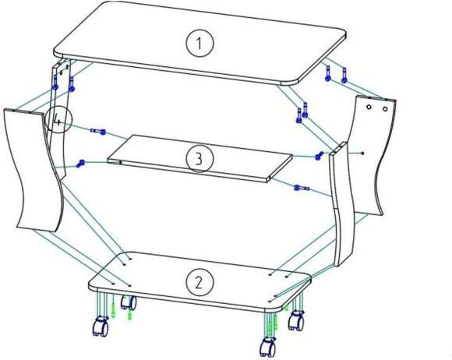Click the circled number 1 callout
coord(200,44)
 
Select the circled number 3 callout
coord(200,158)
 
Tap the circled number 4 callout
coord(58,120)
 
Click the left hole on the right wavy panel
coord(369,108)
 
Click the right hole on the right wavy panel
coord(386,109)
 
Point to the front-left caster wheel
coord(101,326)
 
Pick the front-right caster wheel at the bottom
coord(268,348)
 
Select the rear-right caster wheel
coord(296,320)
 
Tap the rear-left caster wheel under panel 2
coord(129,302)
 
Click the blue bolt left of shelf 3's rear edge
coord(98,132)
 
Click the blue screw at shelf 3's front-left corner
coord(80,164)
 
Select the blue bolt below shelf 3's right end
coord(302,189)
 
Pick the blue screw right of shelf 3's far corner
coord(319,156)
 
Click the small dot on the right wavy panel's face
coord(363,153)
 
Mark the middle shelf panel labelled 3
coord(200,157)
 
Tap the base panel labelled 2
coord(200,281)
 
